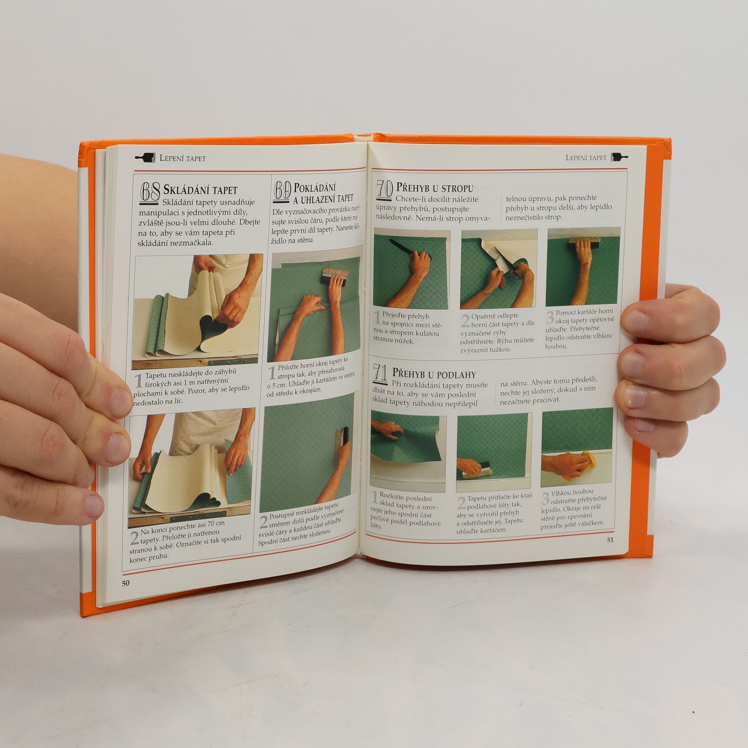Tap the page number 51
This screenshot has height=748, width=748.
(x=610, y=540)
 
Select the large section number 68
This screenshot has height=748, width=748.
(x=150, y=193)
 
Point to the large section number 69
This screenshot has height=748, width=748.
(x=283, y=191)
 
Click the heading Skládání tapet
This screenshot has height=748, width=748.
(x=200, y=190)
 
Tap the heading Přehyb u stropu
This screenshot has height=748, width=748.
(x=435, y=188)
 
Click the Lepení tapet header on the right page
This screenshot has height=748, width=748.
(x=586, y=157)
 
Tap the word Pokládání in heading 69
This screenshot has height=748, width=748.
(x=315, y=188)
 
